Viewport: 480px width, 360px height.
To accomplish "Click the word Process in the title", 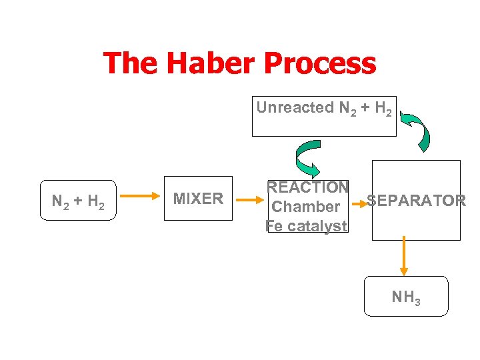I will tap(320, 64).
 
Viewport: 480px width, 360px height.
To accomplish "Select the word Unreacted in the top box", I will tap(295, 107).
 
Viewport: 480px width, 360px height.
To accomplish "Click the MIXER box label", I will tap(198, 198).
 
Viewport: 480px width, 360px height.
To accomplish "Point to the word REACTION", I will tap(307, 187).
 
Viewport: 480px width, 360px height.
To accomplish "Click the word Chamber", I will tap(306, 207).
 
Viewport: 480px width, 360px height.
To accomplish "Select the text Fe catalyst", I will tap(307, 226).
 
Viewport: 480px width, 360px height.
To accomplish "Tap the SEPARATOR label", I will tap(417, 201).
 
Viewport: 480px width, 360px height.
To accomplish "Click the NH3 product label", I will tap(406, 297).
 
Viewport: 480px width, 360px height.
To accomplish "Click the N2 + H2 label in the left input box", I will tap(78, 201).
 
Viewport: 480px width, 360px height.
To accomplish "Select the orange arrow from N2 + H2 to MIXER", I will tap(141, 197).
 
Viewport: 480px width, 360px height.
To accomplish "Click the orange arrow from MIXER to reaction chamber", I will tap(251, 199).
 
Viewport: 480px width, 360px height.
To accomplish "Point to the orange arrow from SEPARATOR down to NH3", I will tap(404, 257).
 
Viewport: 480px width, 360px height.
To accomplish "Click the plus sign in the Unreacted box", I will tap(364, 107).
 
